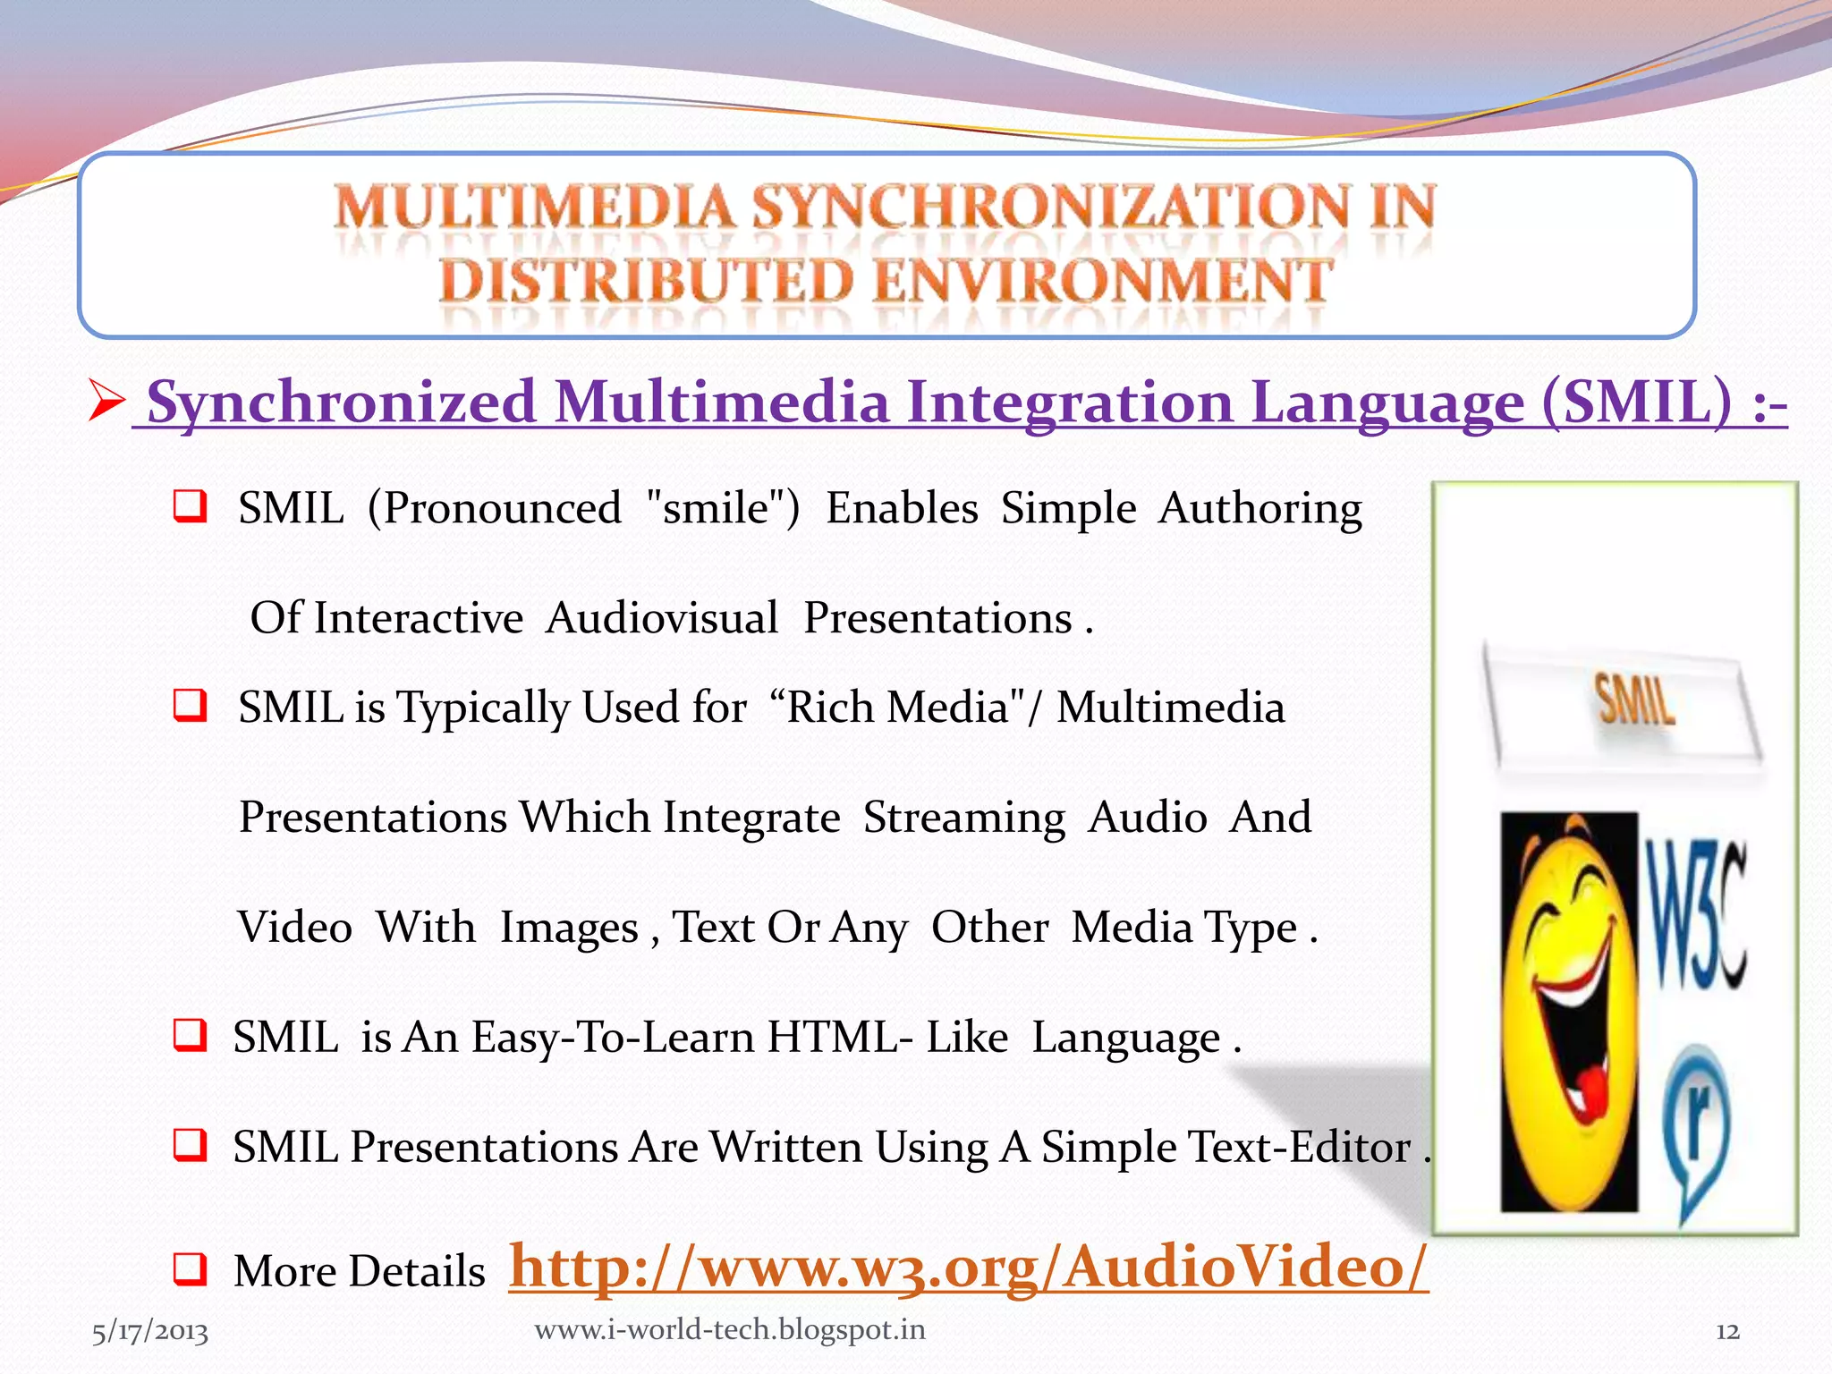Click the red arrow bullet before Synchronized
(x=106, y=402)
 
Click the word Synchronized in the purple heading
(x=341, y=402)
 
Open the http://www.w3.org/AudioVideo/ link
(x=968, y=1268)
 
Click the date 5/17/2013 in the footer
(x=149, y=1332)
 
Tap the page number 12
(x=1727, y=1332)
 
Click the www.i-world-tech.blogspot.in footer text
(x=730, y=1330)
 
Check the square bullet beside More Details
(x=190, y=1268)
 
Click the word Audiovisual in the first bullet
(x=662, y=618)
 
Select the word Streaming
(x=963, y=818)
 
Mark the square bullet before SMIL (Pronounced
(x=190, y=506)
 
